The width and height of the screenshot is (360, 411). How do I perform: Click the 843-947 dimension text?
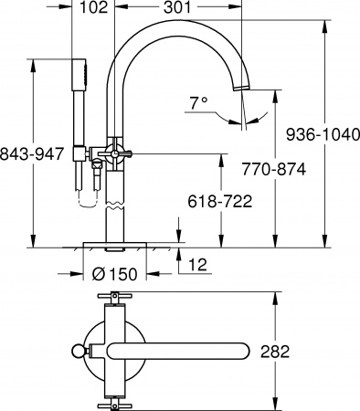33,153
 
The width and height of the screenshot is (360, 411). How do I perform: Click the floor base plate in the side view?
115,246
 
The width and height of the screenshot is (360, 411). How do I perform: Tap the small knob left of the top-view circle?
77,352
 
